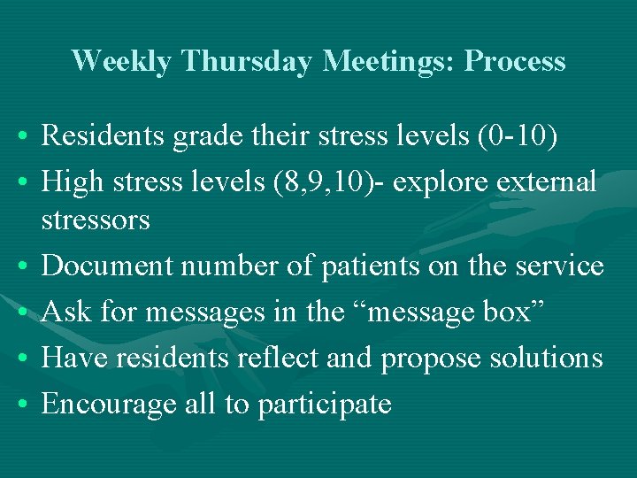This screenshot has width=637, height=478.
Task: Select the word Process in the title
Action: (x=515, y=61)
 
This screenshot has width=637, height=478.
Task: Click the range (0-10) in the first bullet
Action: (x=527, y=136)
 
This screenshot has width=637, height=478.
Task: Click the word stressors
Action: (x=96, y=220)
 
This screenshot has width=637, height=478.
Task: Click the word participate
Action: (x=325, y=405)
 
